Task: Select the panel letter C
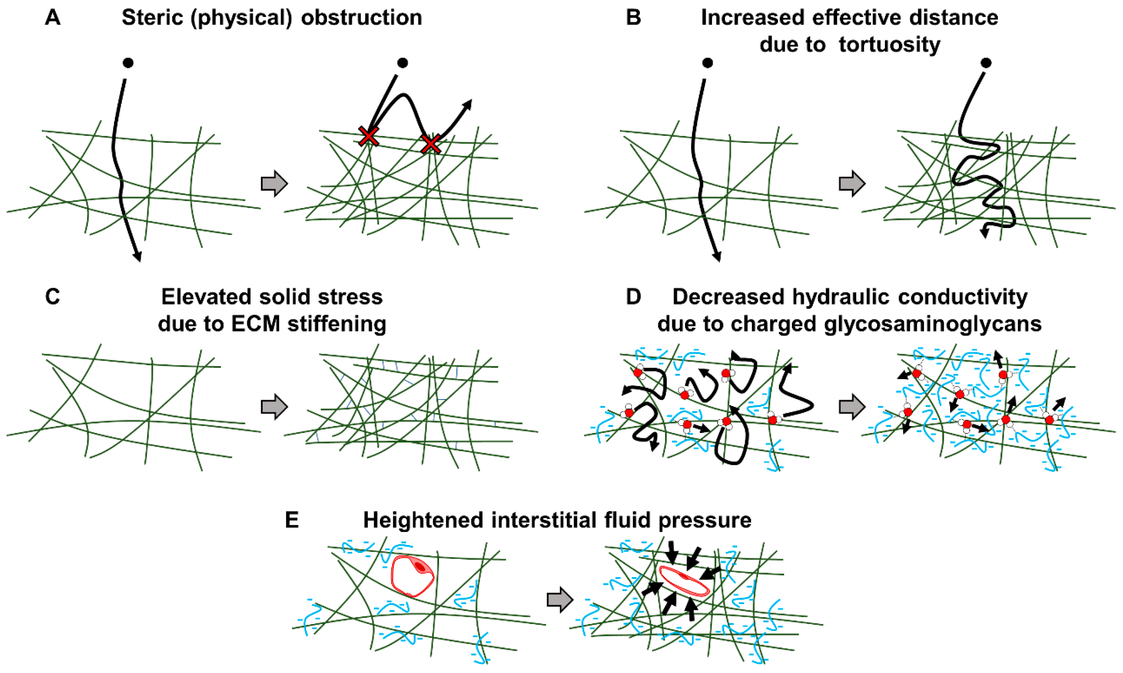53,297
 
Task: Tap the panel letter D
633,297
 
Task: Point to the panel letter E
292,520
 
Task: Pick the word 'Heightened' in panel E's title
423,520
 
